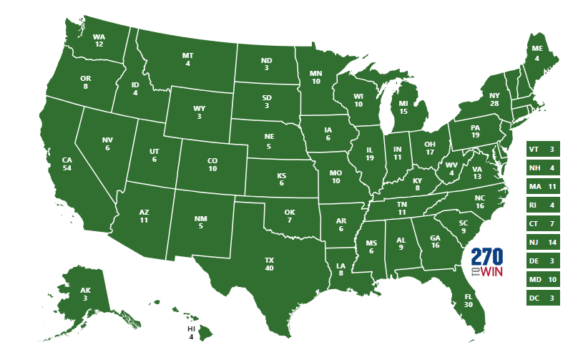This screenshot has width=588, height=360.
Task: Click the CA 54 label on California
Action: point(67,163)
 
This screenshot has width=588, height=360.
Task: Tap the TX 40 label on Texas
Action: point(270,263)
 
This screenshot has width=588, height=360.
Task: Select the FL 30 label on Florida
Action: point(469,300)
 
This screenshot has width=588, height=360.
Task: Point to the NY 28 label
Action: point(494,99)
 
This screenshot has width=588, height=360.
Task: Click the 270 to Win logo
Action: point(487,263)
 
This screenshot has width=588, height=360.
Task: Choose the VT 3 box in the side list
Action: point(542,150)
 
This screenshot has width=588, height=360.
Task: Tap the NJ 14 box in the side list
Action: point(542,243)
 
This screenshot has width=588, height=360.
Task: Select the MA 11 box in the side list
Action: point(542,187)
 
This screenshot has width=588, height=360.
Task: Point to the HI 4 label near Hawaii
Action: point(191,332)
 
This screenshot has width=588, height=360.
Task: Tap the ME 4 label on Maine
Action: point(536,54)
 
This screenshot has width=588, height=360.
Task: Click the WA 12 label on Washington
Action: point(99,40)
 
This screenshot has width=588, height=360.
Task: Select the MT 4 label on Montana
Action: point(187,59)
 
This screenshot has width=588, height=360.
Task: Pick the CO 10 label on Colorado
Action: point(212,165)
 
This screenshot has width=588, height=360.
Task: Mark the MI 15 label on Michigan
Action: point(403,107)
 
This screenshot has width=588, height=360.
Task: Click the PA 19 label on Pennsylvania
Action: point(474,132)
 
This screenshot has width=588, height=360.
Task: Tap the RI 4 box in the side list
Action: point(542,205)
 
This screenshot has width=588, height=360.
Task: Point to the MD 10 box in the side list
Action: point(542,280)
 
